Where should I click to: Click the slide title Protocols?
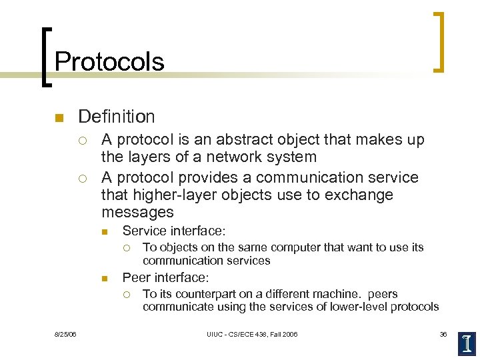coord(109,61)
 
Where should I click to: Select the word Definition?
coord(116,117)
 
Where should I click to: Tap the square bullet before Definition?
coord(59,118)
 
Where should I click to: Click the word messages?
coord(137,212)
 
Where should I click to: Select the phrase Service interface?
coord(174,231)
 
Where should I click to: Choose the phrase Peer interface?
coord(166,277)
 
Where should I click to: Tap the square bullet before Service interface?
coord(105,232)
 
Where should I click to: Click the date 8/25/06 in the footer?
coord(66,334)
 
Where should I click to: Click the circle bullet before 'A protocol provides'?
coord(81,178)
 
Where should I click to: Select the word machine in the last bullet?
coord(332,294)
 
